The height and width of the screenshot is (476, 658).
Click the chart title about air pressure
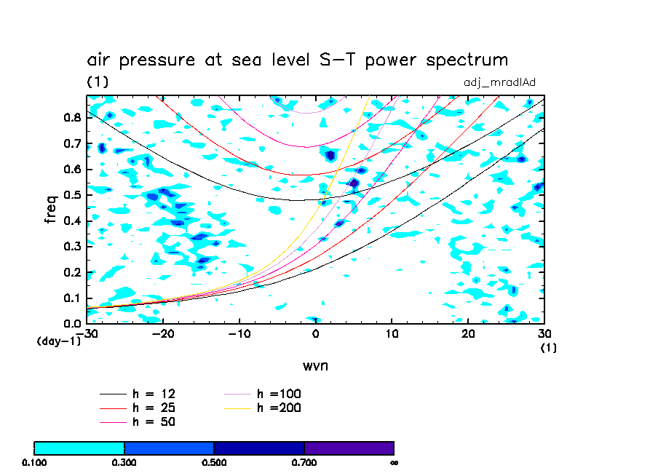(297, 60)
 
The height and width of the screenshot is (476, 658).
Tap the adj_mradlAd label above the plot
(499, 82)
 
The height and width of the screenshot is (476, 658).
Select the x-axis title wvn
(315, 365)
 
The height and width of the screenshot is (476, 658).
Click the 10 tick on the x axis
(392, 334)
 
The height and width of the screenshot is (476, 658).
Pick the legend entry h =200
(279, 408)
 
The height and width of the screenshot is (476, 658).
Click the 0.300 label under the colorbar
(124, 462)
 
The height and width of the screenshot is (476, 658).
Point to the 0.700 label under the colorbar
(304, 462)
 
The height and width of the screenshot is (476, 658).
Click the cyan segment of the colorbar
(79, 448)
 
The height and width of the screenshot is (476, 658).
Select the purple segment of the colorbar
(349, 448)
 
